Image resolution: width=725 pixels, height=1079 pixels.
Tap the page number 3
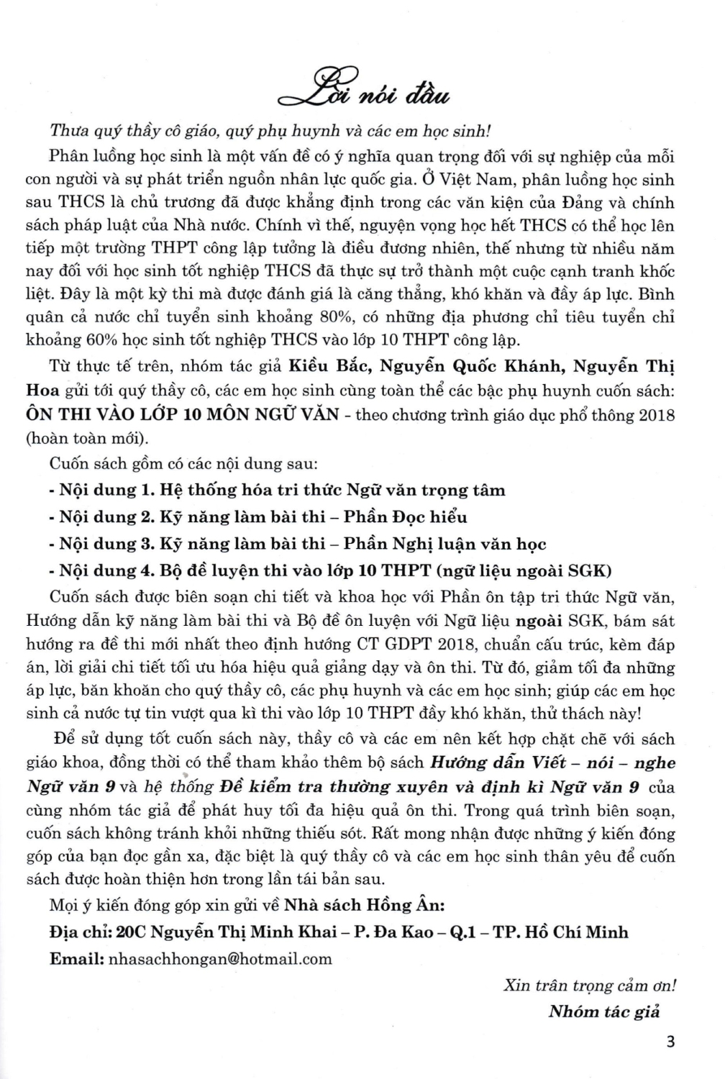click(x=670, y=1041)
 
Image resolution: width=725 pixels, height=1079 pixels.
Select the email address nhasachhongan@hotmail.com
click(x=219, y=958)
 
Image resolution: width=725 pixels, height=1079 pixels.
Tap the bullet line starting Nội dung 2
click(x=258, y=517)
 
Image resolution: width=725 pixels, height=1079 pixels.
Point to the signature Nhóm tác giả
click(x=604, y=1011)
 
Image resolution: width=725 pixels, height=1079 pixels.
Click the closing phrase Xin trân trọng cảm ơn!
click(x=590, y=985)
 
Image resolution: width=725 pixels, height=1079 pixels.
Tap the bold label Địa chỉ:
click(x=79, y=932)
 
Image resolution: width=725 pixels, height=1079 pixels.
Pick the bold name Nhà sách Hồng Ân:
click(x=369, y=906)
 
